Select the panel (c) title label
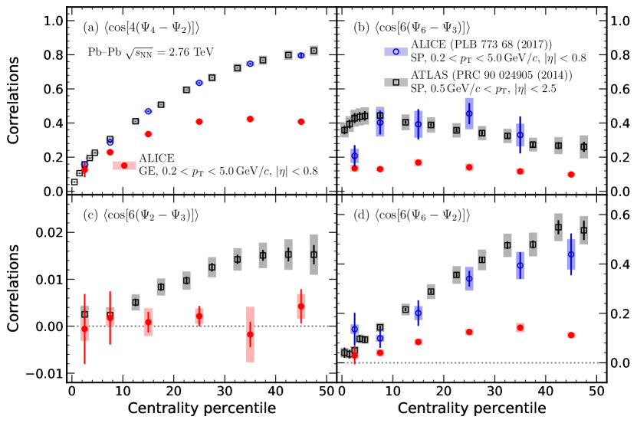click(142, 212)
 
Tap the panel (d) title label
click(412, 212)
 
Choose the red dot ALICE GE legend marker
click(124, 165)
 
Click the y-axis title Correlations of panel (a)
click(15, 107)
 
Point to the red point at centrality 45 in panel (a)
click(301, 122)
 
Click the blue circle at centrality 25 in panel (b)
click(469, 113)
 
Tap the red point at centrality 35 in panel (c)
click(250, 334)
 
